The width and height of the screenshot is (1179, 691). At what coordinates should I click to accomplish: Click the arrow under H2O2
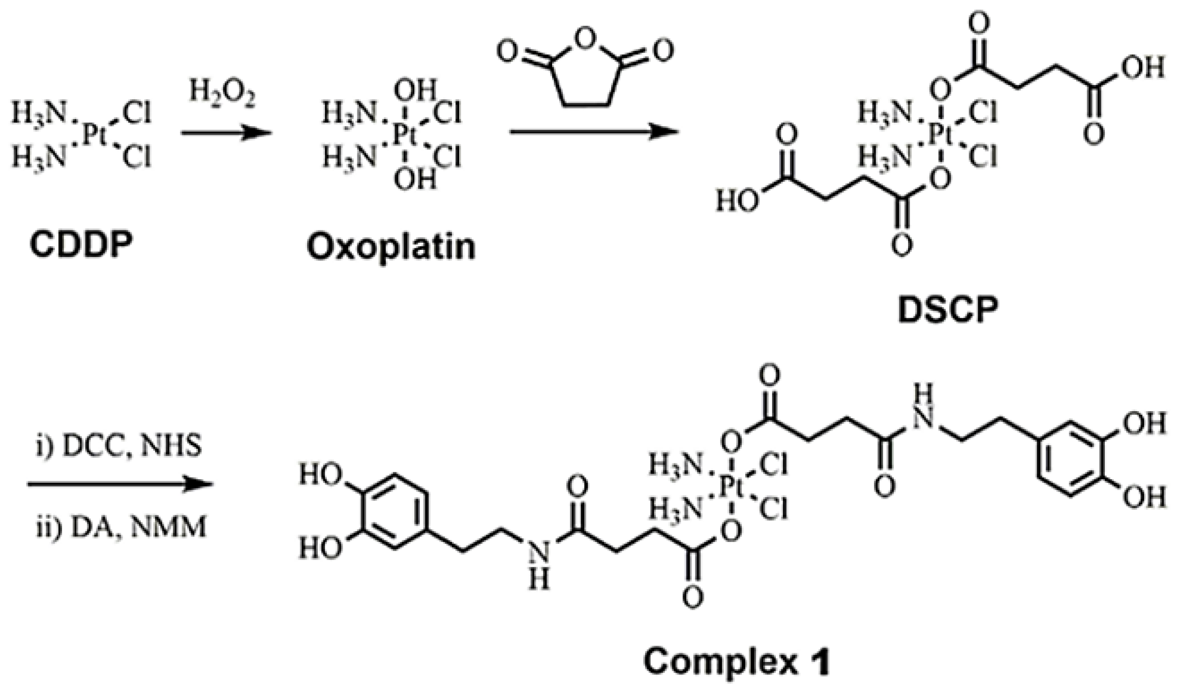(x=226, y=133)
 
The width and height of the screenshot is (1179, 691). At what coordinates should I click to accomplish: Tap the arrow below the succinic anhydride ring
(x=593, y=132)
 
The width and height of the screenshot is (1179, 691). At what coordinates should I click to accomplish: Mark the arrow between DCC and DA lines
(x=120, y=484)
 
